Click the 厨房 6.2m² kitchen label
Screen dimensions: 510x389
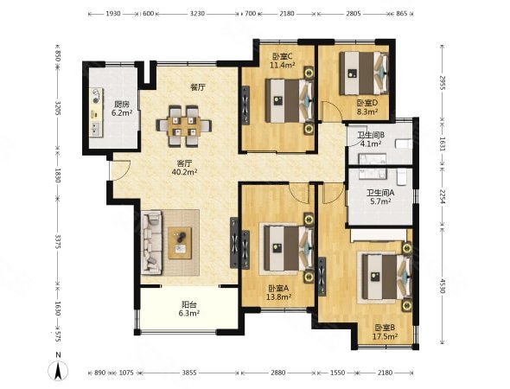(122, 109)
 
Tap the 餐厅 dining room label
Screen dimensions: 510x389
(198, 87)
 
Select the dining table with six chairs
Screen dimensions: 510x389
(184, 126)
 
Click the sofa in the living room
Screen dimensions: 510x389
(151, 242)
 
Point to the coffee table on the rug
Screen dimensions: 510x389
(180, 243)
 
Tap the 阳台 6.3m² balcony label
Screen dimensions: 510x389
(190, 309)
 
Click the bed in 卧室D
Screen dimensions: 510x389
(364, 73)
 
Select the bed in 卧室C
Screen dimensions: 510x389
(290, 101)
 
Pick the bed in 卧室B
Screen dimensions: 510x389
(386, 277)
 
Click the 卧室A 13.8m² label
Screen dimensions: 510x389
(279, 292)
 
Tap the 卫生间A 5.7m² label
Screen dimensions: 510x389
(380, 197)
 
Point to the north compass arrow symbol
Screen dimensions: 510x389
(58, 370)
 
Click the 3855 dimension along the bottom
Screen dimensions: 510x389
(189, 373)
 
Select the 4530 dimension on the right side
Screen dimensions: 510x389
(442, 285)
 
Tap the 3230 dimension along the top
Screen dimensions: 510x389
(197, 14)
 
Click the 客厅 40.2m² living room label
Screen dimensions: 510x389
(184, 167)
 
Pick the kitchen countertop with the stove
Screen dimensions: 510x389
(96, 113)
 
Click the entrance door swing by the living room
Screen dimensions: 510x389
(120, 170)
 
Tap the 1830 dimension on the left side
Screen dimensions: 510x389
(58, 175)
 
